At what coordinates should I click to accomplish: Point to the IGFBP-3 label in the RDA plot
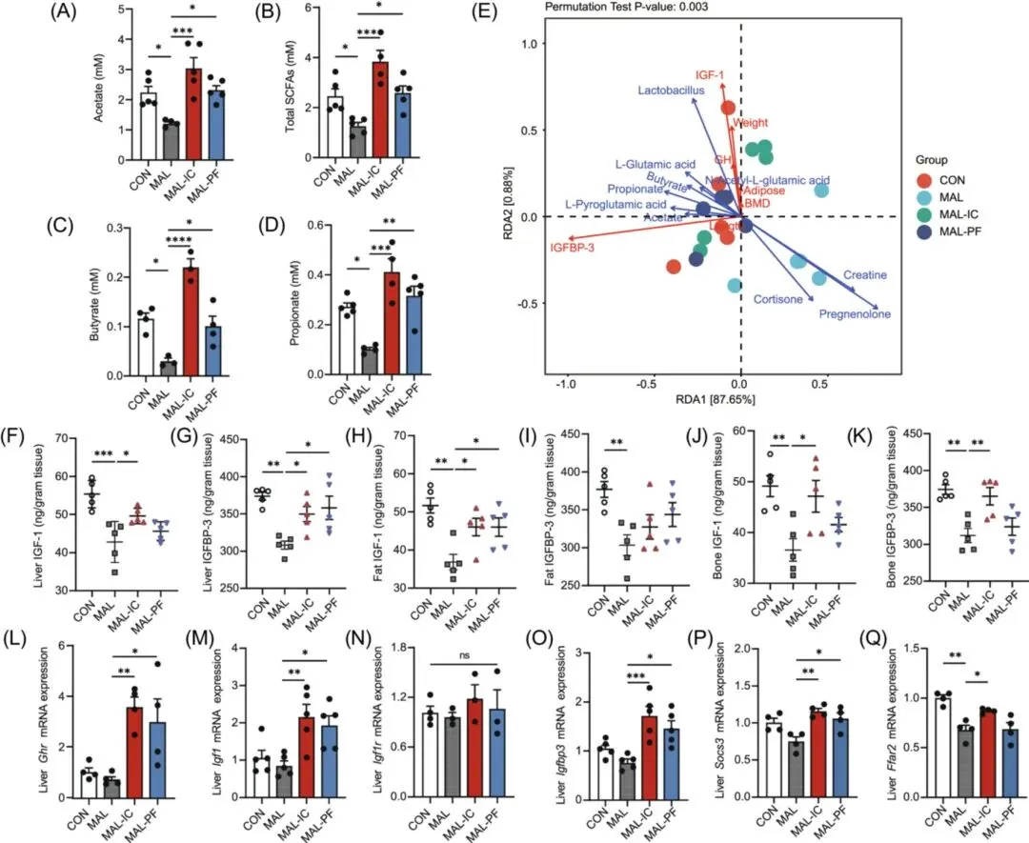576,249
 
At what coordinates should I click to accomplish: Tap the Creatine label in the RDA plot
864,275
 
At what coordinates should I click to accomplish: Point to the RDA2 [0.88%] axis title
524,216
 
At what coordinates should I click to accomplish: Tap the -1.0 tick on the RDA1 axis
566,383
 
